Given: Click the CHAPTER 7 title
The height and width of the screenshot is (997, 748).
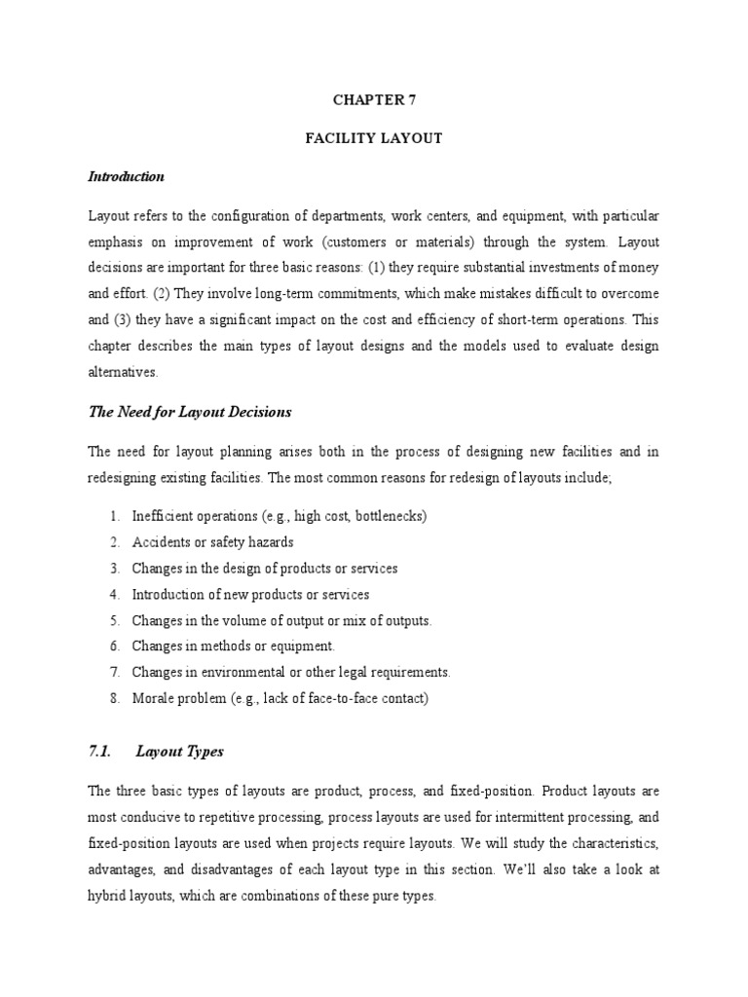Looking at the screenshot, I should (x=374, y=99).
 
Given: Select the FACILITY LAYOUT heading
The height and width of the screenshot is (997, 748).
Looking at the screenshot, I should (x=374, y=138).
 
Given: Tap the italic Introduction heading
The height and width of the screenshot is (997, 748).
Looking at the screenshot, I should (x=126, y=177).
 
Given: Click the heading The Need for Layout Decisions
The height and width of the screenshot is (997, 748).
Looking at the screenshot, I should (x=190, y=412).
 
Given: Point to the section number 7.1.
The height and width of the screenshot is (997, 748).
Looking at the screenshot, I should (x=101, y=751).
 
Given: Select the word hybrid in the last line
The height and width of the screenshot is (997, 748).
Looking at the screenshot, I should (x=108, y=895).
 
